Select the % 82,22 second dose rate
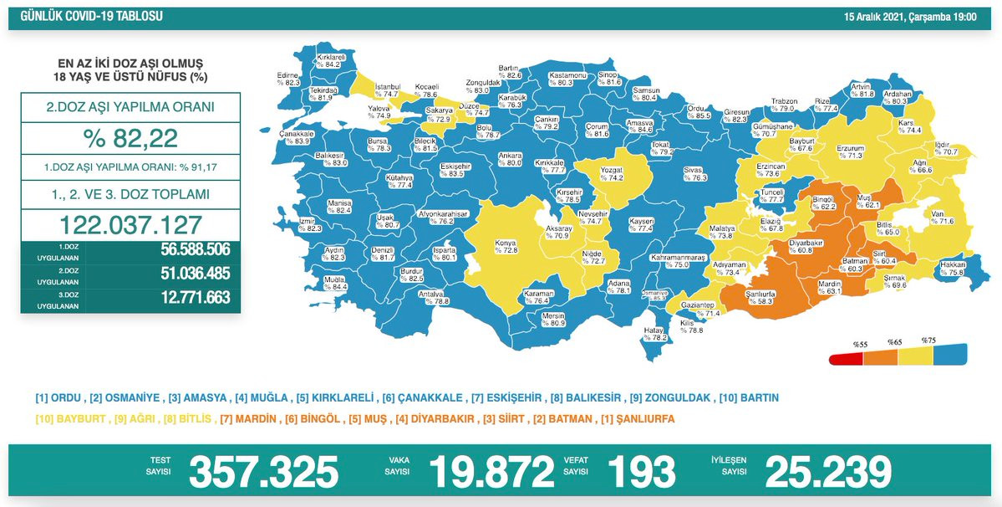[x=130, y=138]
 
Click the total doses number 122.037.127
[x=130, y=224]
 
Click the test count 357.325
[x=263, y=472]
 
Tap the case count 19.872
[x=491, y=472]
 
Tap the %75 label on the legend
[x=928, y=341]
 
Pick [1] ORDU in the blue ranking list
[x=58, y=397]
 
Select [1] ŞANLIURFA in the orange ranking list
[x=639, y=418]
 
